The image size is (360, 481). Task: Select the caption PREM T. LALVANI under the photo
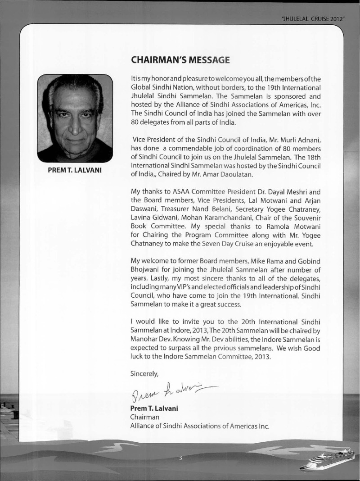pos(75,171)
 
